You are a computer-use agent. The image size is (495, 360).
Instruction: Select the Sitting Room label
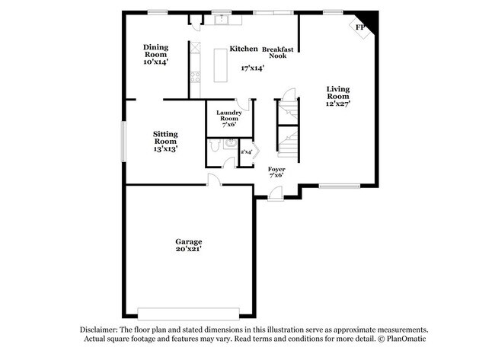tap(165, 141)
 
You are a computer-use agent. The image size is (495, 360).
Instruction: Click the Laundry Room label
tap(228, 119)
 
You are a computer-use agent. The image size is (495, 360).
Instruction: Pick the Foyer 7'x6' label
tap(276, 172)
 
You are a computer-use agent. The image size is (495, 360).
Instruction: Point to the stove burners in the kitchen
tap(195, 76)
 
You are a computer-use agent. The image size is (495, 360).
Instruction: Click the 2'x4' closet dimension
tap(246, 152)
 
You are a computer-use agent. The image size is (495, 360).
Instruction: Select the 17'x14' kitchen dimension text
tap(253, 68)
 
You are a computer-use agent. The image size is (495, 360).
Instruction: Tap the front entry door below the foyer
tap(275, 195)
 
